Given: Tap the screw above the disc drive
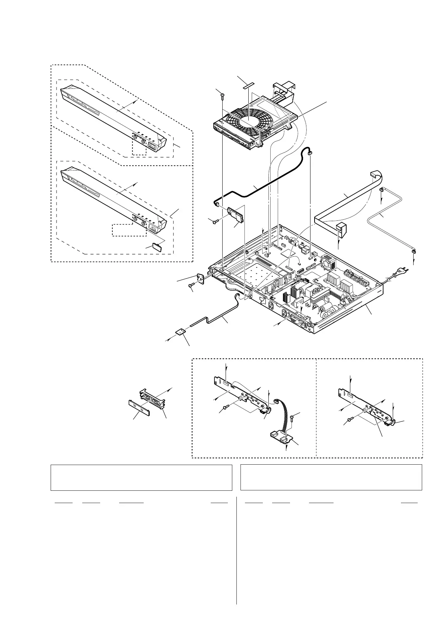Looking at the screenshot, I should pos(222,96).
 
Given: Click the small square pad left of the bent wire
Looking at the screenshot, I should pos(181,332).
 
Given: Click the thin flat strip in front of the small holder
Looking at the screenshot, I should pos(140,407).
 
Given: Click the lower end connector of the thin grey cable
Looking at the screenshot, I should pos(413,254).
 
